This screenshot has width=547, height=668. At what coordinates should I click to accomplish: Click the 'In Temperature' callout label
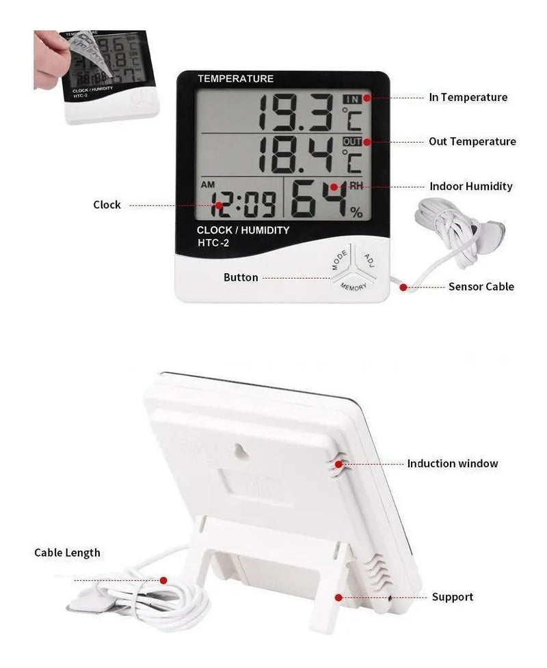pos(468,97)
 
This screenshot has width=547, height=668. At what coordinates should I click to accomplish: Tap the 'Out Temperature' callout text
pos(472,141)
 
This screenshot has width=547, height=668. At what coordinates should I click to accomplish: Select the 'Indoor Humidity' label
pos(470,186)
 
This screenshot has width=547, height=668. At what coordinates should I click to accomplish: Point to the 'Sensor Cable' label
pos(481,286)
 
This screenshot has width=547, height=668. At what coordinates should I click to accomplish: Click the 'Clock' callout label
pos(107,204)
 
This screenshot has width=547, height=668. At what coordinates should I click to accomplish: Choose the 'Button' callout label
pos(241,277)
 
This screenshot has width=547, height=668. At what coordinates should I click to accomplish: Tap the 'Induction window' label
pos(453,463)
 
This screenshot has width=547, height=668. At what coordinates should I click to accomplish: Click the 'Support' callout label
pos(452,597)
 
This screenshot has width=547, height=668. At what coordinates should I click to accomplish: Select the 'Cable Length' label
pos(67,553)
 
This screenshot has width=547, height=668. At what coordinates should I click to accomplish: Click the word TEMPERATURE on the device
pos(235,79)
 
